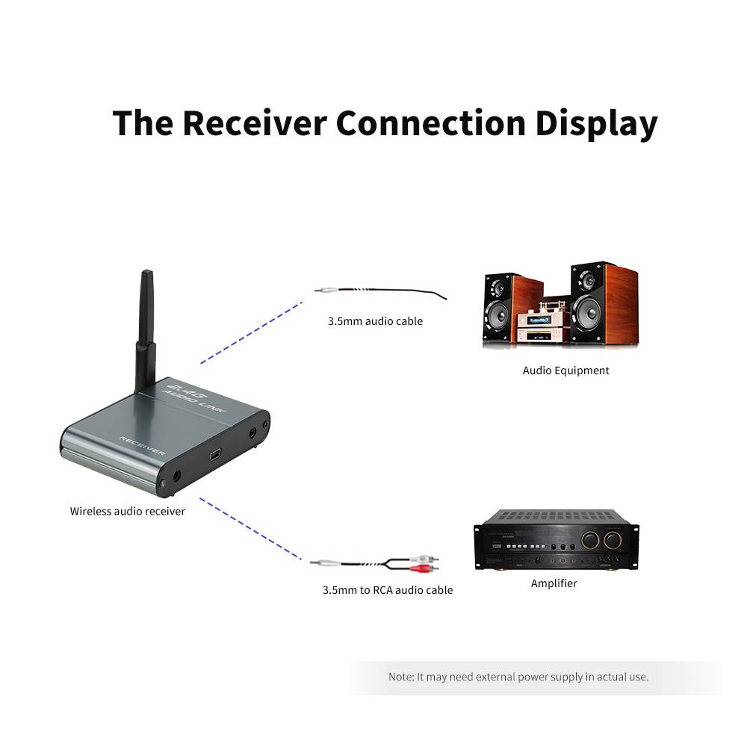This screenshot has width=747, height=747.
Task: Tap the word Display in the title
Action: click(596, 124)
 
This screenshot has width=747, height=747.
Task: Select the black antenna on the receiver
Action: click(145, 329)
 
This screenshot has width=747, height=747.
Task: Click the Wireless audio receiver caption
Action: click(128, 512)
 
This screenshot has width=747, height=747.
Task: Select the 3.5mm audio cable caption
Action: click(375, 321)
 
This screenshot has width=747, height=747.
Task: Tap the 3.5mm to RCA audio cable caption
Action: click(387, 590)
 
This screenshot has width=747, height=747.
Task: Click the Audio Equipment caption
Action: click(565, 371)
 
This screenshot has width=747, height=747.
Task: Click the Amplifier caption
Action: click(554, 583)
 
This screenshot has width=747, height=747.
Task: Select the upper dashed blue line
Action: click(251, 332)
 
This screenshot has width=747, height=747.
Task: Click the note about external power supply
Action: click(518, 677)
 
